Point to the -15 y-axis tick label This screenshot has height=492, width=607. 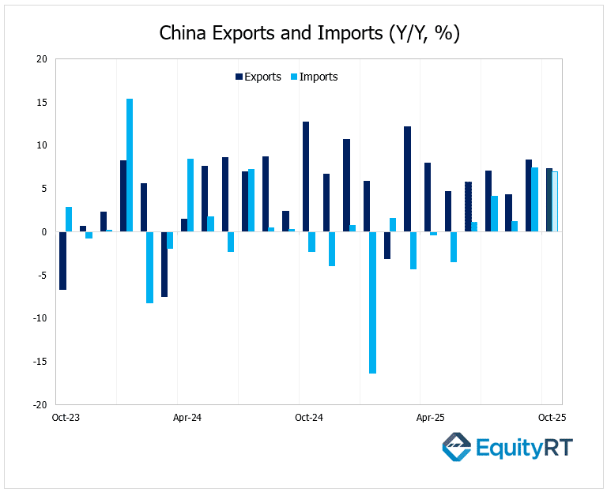(40, 362)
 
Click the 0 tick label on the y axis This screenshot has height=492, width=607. (44, 232)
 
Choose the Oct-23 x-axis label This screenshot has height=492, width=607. (65, 418)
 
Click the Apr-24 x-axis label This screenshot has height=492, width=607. (187, 418)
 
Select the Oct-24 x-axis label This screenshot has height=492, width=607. (308, 418)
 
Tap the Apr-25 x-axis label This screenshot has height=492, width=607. (429, 418)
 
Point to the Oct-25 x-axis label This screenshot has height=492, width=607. (552, 418)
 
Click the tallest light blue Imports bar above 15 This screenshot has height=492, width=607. (130, 165)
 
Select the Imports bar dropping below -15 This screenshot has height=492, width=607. (372, 302)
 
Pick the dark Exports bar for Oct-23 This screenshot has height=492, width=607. (62, 261)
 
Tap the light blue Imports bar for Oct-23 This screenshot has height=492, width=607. (69, 220)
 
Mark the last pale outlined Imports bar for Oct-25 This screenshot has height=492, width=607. (555, 201)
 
